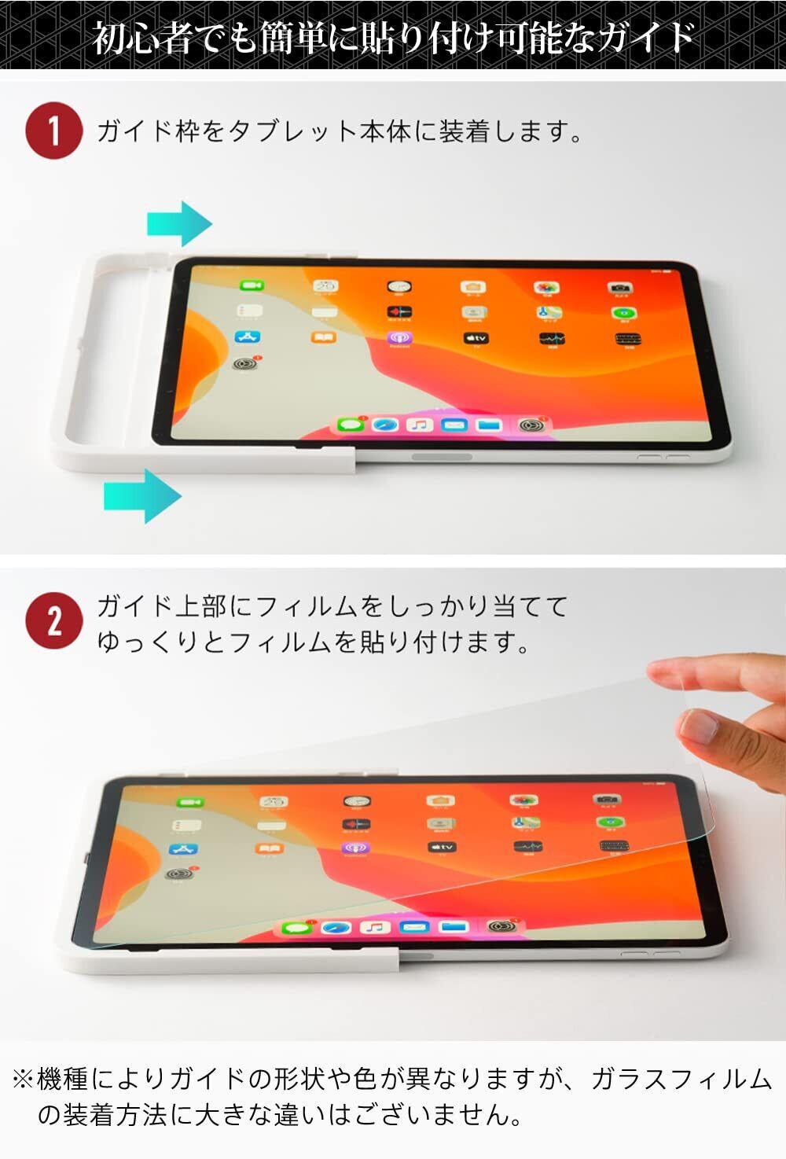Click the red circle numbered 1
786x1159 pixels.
pyautogui.click(x=53, y=131)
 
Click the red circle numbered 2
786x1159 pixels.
pyautogui.click(x=53, y=621)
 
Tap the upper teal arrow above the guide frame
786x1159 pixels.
pyautogui.click(x=179, y=224)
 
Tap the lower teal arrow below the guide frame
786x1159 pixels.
pyautogui.click(x=143, y=495)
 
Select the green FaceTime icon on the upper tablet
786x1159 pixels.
pyautogui.click(x=252, y=285)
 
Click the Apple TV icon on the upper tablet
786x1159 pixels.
pyautogui.click(x=476, y=338)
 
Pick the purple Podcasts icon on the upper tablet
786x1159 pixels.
pyautogui.click(x=399, y=338)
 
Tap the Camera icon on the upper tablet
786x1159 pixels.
pyautogui.click(x=619, y=289)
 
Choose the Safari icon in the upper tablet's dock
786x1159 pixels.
pyautogui.click(x=384, y=425)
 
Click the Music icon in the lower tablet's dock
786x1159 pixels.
pyautogui.click(x=374, y=927)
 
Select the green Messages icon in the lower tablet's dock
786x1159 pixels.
pyautogui.click(x=297, y=927)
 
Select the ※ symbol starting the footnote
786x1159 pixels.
pyautogui.click(x=23, y=1080)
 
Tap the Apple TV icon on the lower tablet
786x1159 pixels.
pyautogui.click(x=441, y=847)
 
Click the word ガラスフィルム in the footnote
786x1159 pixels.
pyautogui.click(x=681, y=1080)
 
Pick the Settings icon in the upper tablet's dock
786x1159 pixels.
pyautogui.click(x=528, y=425)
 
